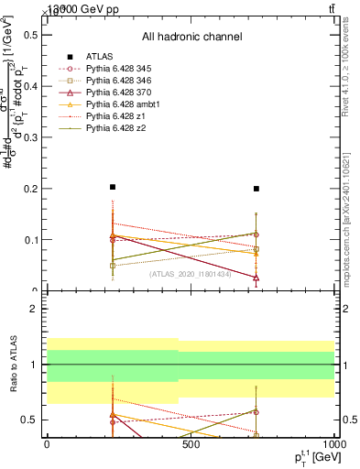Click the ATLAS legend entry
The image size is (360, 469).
coord(100,56)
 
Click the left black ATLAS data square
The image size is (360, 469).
coord(113,187)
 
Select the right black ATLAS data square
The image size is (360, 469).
coord(256,189)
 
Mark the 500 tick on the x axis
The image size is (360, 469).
coord(191,443)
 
